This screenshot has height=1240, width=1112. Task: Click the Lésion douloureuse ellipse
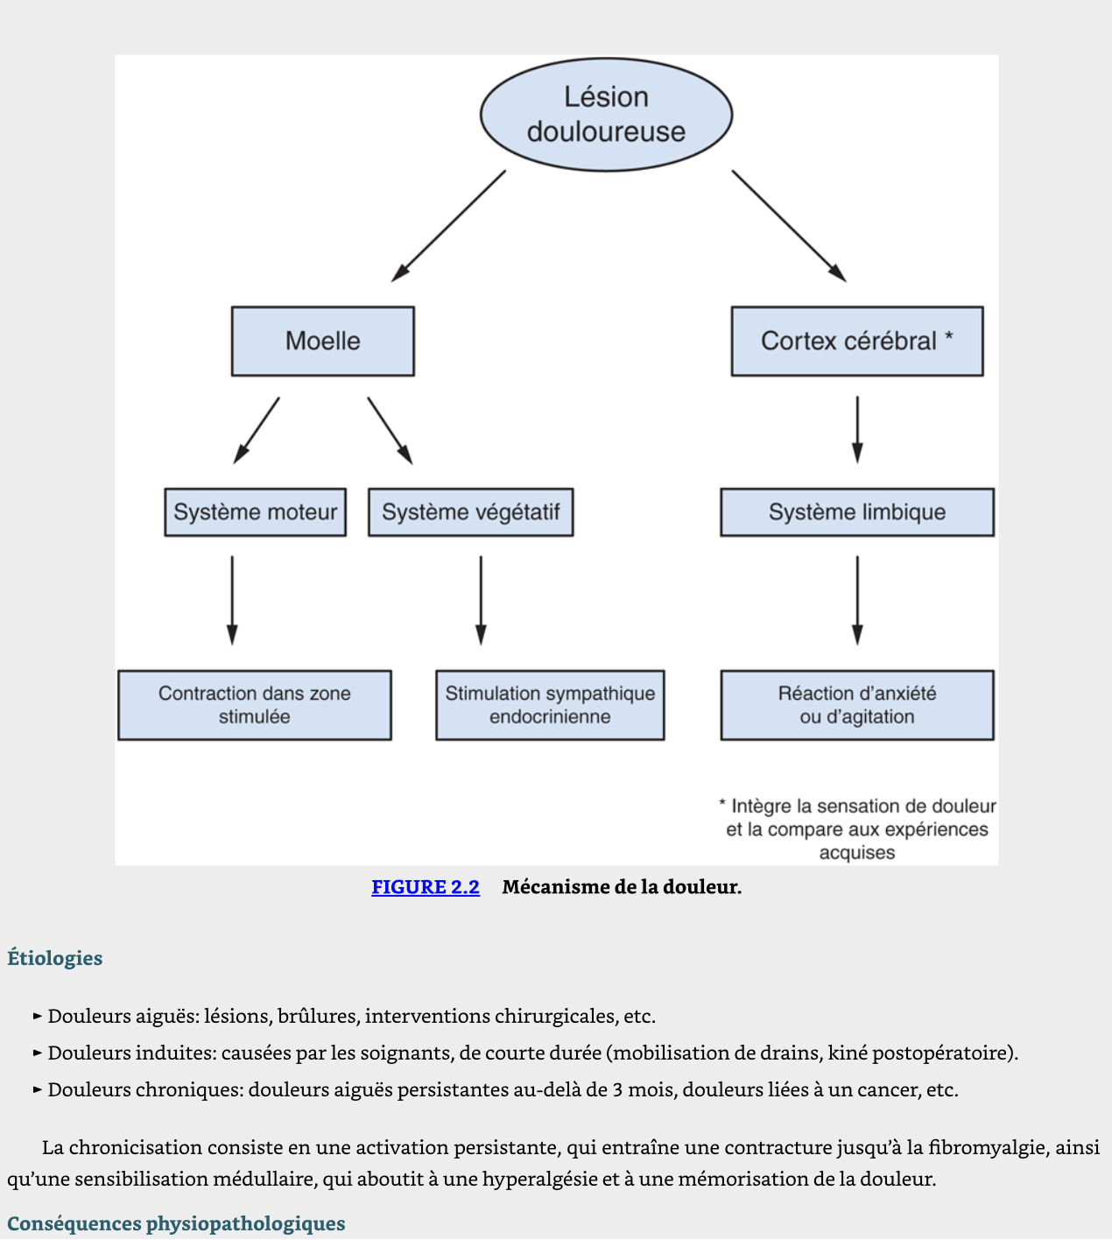point(606,115)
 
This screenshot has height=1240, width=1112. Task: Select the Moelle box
point(322,341)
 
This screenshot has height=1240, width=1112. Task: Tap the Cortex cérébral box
point(857,341)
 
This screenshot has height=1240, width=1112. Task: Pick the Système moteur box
point(255,511)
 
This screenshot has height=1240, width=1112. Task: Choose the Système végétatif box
point(470,511)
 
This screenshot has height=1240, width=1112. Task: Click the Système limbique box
point(857,511)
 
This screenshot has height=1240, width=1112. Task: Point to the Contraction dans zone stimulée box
point(255,705)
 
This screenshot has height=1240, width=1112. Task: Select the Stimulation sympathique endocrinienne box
point(550,705)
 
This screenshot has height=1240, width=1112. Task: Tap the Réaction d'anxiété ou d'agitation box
point(857,705)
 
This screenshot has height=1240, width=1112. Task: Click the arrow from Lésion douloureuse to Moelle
point(448,226)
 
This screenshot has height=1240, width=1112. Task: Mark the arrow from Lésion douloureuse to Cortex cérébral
point(790,226)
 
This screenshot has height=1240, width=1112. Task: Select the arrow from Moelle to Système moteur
point(257,430)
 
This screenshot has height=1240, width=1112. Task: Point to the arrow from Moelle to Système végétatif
point(391,430)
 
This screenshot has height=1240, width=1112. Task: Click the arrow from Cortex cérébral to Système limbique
point(857,430)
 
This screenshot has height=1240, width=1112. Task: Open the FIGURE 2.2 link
point(426,887)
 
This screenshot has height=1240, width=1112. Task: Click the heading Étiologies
point(55,958)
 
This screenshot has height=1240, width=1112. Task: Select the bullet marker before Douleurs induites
point(38,1053)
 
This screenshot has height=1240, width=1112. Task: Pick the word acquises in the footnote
point(857,852)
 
